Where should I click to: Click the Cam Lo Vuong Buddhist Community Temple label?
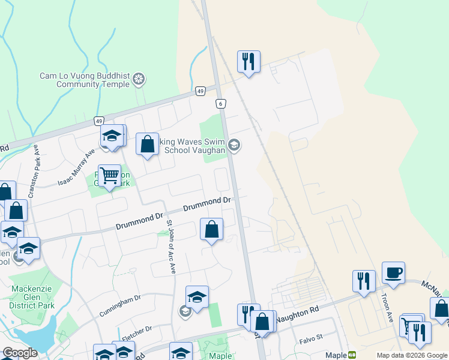[x=84, y=80]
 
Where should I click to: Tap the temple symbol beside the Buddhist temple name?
[x=139, y=79]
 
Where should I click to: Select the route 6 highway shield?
[x=221, y=103]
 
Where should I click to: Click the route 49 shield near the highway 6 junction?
[x=201, y=91]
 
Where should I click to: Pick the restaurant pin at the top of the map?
[x=249, y=61]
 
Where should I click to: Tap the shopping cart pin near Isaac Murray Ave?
[x=109, y=176]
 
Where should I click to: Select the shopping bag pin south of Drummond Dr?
[x=211, y=229]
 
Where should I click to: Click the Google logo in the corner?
[x=20, y=353]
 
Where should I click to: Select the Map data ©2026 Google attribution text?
[x=411, y=355]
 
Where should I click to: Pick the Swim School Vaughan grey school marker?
[x=234, y=144]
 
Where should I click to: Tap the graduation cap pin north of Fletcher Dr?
[x=197, y=297]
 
